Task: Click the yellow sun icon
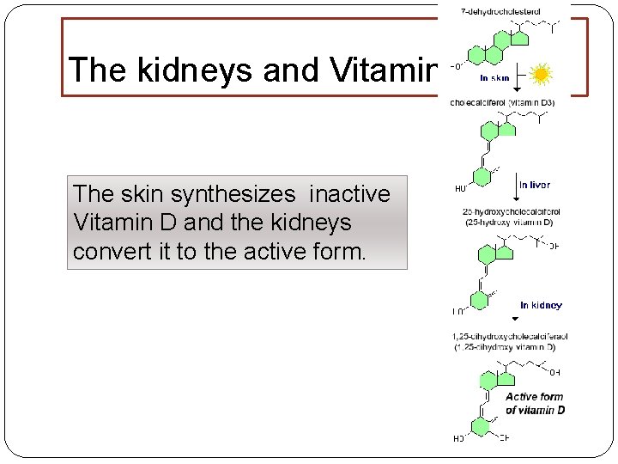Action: [541, 76]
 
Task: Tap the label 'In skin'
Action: [495, 77]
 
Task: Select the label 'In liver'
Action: [534, 184]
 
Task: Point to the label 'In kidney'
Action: [541, 305]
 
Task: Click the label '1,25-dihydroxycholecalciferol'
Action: [509, 336]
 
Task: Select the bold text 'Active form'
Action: [534, 397]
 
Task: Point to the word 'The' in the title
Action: [91, 70]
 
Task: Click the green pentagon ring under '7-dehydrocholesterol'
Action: [520, 37]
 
